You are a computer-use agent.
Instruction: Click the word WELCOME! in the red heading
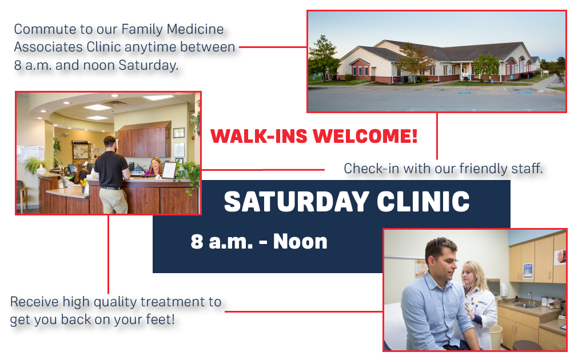click(x=365, y=136)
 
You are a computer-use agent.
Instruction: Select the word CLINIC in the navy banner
click(x=423, y=202)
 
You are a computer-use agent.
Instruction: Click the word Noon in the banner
click(x=300, y=242)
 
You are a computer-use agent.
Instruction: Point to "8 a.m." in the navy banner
click(x=222, y=242)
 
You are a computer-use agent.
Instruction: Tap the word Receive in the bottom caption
click(x=34, y=302)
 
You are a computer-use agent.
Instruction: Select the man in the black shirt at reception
click(x=111, y=174)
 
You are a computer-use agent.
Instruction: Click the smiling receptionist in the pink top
click(x=156, y=167)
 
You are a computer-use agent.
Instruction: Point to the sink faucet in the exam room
click(x=531, y=298)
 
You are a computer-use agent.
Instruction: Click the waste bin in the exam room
click(x=496, y=337)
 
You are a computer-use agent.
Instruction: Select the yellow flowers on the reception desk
click(x=83, y=183)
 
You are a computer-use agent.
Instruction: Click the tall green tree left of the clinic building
click(x=322, y=58)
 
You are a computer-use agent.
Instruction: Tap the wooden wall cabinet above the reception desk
click(x=145, y=139)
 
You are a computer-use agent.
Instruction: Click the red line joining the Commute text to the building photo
click(x=273, y=47)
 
